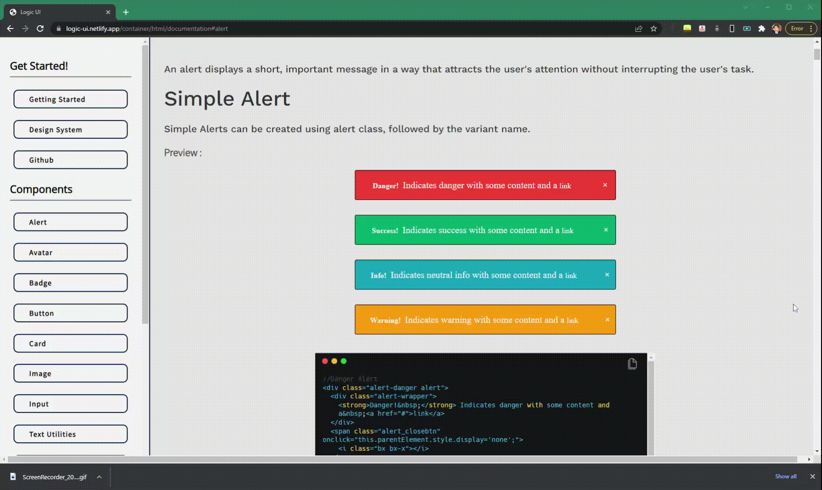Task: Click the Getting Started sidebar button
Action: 71,99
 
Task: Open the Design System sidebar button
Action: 71,130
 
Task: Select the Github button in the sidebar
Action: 71,160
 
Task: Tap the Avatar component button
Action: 71,252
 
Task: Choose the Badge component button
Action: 71,283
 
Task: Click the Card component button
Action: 71,344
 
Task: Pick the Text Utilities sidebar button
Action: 71,434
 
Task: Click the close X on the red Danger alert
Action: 605,185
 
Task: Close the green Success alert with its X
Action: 606,230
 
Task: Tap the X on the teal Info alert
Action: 607,275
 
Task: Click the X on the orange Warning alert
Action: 607,320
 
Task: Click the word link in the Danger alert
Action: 565,186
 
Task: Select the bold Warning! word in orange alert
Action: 385,320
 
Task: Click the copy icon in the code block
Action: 632,364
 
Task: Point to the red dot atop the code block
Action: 325,361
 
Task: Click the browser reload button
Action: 40,29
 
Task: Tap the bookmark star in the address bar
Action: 653,29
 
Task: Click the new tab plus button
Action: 126,12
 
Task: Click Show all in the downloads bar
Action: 786,476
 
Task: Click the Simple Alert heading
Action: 227,99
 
